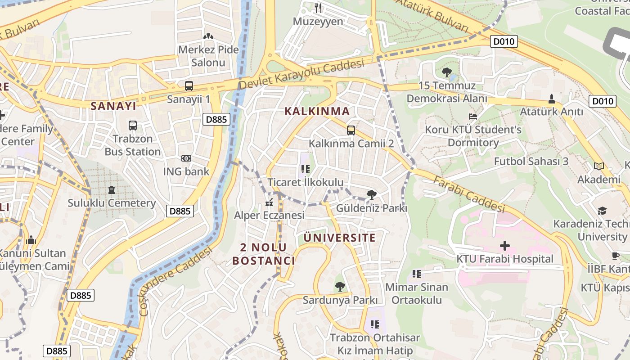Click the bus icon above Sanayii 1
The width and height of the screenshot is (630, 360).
click(x=189, y=86)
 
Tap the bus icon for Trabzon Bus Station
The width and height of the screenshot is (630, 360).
click(x=133, y=126)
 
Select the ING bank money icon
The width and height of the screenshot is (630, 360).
click(x=186, y=158)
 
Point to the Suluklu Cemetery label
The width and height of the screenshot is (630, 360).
click(x=112, y=203)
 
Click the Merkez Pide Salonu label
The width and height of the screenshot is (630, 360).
click(x=208, y=56)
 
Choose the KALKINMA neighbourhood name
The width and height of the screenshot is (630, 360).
click(x=317, y=111)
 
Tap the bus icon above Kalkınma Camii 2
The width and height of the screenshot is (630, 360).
click(x=351, y=130)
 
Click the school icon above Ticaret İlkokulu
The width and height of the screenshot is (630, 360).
click(x=306, y=170)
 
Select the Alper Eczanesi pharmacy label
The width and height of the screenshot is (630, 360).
click(x=269, y=215)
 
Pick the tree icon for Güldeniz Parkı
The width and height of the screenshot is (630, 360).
click(x=371, y=195)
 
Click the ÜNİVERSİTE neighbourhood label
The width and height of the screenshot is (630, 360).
click(x=339, y=238)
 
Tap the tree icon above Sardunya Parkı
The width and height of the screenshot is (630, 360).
click(x=340, y=287)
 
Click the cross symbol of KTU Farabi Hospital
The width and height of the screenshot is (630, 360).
click(x=505, y=246)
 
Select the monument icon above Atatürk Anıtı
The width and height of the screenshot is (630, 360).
click(x=552, y=99)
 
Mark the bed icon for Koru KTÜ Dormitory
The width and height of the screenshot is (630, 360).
click(x=473, y=117)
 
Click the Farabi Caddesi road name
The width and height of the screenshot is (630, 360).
click(x=469, y=194)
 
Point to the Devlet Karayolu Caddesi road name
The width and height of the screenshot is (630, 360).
click(x=301, y=75)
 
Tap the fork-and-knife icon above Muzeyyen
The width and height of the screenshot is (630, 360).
click(x=318, y=8)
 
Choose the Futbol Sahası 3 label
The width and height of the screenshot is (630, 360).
click(x=531, y=161)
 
